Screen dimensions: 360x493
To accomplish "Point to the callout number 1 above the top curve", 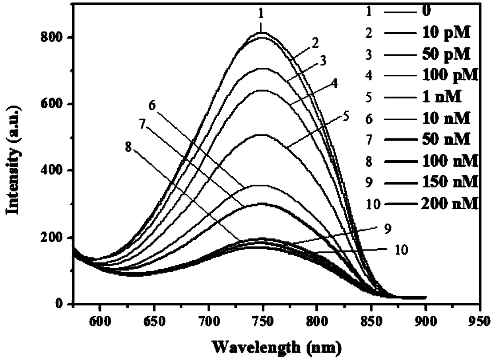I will (261, 14).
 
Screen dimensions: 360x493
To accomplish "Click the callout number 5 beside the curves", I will (345, 118).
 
